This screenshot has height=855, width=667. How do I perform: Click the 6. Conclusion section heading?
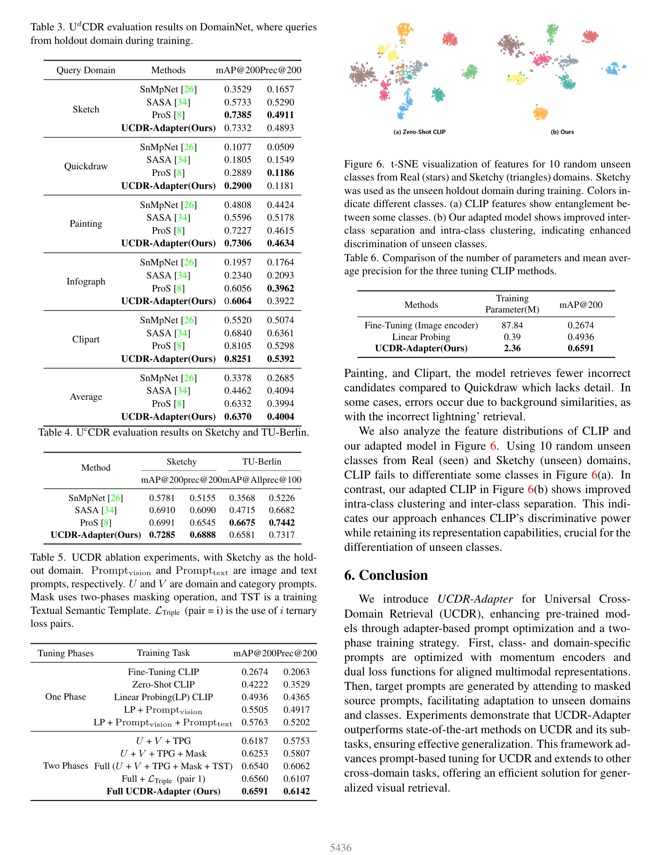[386, 575]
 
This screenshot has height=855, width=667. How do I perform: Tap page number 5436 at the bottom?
[340, 848]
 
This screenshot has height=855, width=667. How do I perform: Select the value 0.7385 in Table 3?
[237, 115]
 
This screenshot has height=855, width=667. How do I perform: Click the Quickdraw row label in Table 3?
[86, 167]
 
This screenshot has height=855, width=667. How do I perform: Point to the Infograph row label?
[86, 281]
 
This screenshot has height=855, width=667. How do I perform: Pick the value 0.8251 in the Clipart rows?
[237, 359]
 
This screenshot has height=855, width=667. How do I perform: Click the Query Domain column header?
[86, 70]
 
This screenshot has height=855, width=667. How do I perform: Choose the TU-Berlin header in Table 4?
[262, 461]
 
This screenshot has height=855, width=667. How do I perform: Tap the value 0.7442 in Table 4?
[282, 522]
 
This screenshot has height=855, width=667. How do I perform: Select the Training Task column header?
[163, 653]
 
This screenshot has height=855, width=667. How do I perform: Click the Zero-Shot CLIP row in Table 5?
[163, 684]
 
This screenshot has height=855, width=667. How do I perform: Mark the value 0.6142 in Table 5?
[297, 791]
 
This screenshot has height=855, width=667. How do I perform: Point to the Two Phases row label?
[66, 765]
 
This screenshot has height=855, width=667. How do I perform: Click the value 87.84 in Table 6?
[512, 325]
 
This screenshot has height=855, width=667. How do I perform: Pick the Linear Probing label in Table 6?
[421, 337]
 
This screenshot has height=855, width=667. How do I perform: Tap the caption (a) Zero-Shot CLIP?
[419, 132]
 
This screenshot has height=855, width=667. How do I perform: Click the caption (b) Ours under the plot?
[562, 132]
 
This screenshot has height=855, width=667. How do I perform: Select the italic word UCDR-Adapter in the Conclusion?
[475, 599]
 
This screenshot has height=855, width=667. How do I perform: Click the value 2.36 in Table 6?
[512, 348]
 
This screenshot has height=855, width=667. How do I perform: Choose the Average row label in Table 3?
[86, 396]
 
